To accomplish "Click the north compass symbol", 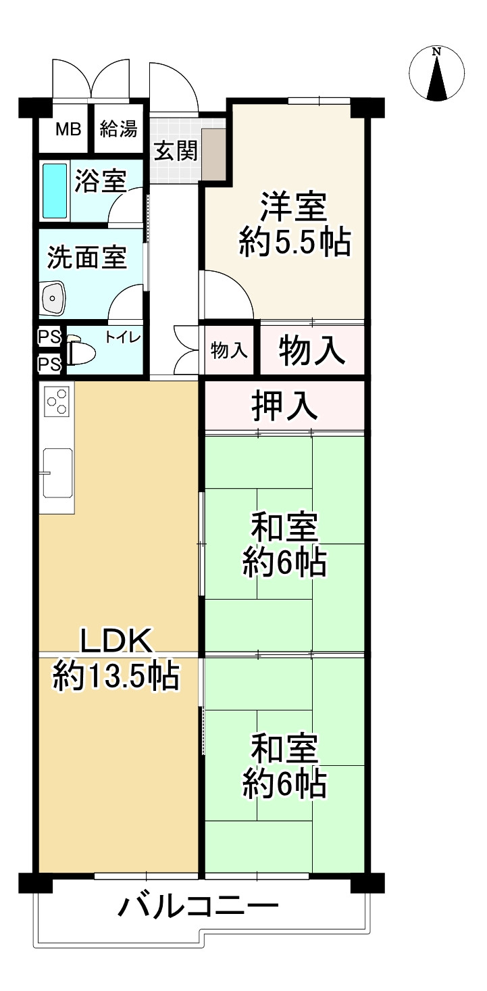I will pos(437,72).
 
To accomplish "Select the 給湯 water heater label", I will pos(119,128).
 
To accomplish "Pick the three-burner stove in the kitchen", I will pos(57,400).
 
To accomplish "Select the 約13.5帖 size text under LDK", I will pos(116,677).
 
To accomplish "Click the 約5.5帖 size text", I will pos(294,242).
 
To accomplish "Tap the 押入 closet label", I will pos(284,406).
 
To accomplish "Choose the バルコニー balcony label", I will pos(199,906).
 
